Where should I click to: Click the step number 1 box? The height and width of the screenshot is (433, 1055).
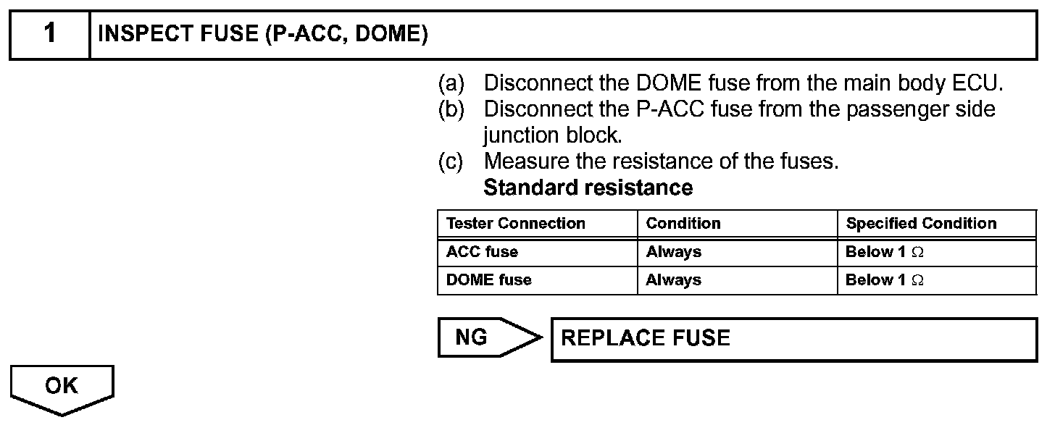[49, 34]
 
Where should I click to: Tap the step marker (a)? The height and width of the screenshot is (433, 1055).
[451, 83]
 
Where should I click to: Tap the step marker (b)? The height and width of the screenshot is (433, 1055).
[451, 109]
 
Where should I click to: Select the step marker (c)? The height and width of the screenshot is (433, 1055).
[451, 161]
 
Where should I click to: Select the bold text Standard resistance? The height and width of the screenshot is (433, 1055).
[588, 188]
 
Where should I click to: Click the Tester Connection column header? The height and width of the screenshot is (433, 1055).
[516, 224]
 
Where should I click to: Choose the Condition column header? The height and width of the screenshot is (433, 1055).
[683, 224]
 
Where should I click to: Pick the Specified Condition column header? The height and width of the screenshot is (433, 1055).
[921, 224]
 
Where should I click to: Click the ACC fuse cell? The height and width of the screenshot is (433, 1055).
[483, 252]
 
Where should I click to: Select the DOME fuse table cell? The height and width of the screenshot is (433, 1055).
[489, 279]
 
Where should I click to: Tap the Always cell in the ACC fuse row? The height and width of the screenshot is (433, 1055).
[674, 252]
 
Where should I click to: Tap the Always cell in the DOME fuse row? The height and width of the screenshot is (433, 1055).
[674, 279]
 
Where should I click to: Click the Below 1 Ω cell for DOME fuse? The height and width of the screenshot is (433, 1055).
[885, 279]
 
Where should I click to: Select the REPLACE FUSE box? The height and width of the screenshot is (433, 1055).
[793, 338]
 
